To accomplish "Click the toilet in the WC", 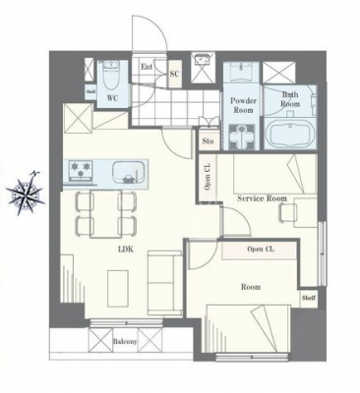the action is [x=111, y=77].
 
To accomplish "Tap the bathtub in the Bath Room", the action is [x=287, y=135].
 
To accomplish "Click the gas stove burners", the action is [x=80, y=170].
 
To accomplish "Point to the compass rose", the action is [x=26, y=193].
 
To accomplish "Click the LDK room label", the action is [x=126, y=250].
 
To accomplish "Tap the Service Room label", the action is [x=262, y=198].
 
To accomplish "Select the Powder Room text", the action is [x=243, y=105].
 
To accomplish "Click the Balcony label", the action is [x=125, y=341].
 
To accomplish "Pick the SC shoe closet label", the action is [x=174, y=74].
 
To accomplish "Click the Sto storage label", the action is [x=208, y=141].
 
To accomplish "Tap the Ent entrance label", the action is [x=147, y=67].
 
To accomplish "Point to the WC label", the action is [x=112, y=98].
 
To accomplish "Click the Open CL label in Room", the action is [x=261, y=250].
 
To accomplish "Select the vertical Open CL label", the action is [x=208, y=176].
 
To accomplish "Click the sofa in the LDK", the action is [x=165, y=283].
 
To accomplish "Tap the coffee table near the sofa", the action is [x=118, y=289].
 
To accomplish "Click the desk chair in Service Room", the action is [x=288, y=213].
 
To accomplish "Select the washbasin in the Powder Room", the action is [x=241, y=73].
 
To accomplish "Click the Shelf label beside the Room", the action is [x=309, y=298].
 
